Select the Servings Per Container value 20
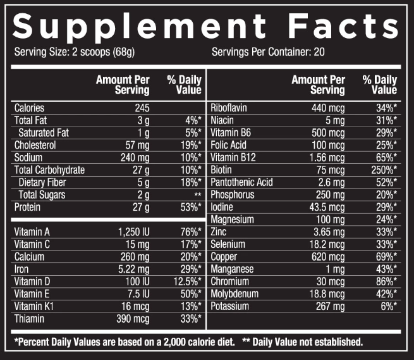[319, 51]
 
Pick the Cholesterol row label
[35, 145]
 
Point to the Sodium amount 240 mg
[135, 157]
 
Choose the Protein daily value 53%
[190, 207]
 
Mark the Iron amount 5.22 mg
[133, 269]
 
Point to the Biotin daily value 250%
[383, 170]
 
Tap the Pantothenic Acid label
[241, 182]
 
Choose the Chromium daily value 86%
[386, 282]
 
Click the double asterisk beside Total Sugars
[198, 195]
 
